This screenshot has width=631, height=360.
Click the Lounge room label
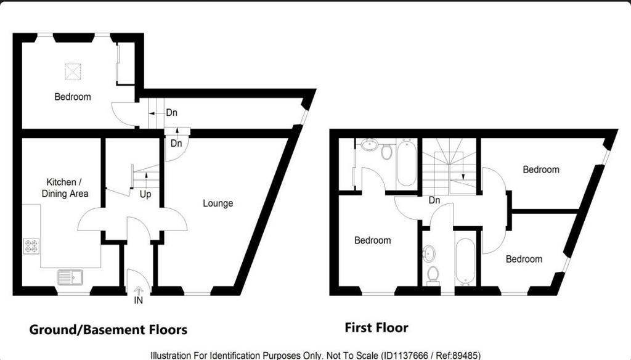pyautogui.click(x=218, y=203)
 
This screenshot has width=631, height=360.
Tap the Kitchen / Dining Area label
pyautogui.click(x=65, y=188)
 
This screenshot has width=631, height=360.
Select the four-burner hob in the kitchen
pyautogui.click(x=31, y=246)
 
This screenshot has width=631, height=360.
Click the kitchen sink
pyautogui.click(x=70, y=277)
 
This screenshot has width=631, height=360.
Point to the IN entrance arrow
pyautogui.click(x=139, y=291)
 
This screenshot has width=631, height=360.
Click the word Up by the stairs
pyautogui.click(x=145, y=195)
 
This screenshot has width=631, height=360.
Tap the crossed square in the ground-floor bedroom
pyautogui.click(x=73, y=72)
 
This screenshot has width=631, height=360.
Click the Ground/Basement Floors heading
pyautogui.click(x=108, y=330)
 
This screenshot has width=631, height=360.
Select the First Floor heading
pyautogui.click(x=377, y=328)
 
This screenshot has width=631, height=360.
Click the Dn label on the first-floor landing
pyautogui.click(x=434, y=200)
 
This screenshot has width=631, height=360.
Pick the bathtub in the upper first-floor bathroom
pyautogui.click(x=407, y=162)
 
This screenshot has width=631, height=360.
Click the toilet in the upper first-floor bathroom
pyautogui.click(x=387, y=152)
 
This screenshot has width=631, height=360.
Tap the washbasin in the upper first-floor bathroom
pyautogui.click(x=370, y=144)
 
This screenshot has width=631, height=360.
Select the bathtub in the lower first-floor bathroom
pyautogui.click(x=466, y=262)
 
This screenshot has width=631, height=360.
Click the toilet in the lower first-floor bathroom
pyautogui.click(x=433, y=276)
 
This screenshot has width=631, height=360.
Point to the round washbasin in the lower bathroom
pyautogui.click(x=429, y=253)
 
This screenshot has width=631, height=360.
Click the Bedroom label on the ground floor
pyautogui.click(x=73, y=97)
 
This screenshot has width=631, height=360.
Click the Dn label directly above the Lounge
pyautogui.click(x=176, y=144)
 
